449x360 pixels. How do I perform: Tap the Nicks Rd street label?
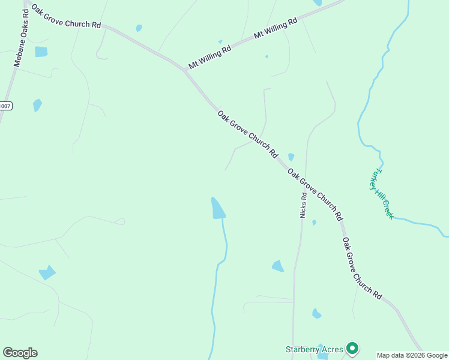click(x=304, y=205)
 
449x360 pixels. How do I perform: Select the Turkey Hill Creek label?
click(x=382, y=193)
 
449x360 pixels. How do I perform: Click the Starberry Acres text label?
click(x=314, y=349)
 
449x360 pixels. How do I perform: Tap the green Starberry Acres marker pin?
click(x=352, y=348)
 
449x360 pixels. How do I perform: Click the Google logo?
click(x=20, y=353)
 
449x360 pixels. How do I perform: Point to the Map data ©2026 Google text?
click(x=412, y=355)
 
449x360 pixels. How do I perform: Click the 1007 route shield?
click(x=5, y=106)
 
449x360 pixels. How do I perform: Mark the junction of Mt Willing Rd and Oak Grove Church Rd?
click(x=185, y=70)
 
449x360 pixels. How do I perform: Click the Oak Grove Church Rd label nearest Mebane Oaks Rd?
click(x=67, y=16)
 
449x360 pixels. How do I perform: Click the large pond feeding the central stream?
click(x=217, y=208)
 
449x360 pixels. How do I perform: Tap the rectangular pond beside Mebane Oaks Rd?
click(x=41, y=52)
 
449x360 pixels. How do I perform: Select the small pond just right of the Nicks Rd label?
click(x=314, y=222)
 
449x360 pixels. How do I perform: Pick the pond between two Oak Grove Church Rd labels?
click(x=291, y=157)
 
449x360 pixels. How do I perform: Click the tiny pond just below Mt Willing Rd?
click(x=267, y=56)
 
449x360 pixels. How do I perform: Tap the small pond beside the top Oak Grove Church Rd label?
click(x=139, y=28)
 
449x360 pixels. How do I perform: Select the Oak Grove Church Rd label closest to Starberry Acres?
click(x=362, y=268)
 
